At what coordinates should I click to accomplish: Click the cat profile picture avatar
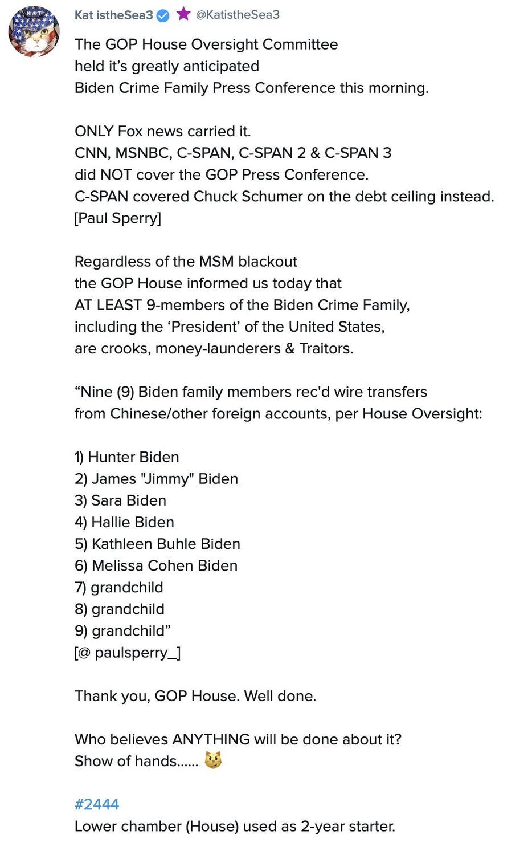pyautogui.click(x=34, y=32)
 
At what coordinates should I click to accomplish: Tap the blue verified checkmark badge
pyautogui.click(x=163, y=15)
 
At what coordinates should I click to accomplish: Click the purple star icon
pyautogui.click(x=183, y=14)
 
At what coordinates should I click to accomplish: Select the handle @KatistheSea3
pyautogui.click(x=238, y=15)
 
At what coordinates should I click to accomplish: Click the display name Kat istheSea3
pyautogui.click(x=113, y=15)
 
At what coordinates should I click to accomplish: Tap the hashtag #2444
pyautogui.click(x=97, y=804)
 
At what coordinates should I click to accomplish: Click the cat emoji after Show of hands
pyautogui.click(x=213, y=760)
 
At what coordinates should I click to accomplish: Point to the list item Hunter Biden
pyautogui.click(x=126, y=457)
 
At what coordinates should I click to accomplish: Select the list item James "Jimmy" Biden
pyautogui.click(x=156, y=479)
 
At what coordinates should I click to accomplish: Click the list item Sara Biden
pyautogui.click(x=120, y=500)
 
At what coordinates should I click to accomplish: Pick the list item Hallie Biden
pyautogui.click(x=124, y=522)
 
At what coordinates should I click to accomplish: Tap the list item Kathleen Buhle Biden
pyautogui.click(x=157, y=544)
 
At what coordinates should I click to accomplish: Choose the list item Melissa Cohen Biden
pyautogui.click(x=156, y=565)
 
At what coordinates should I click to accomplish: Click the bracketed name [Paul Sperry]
pyautogui.click(x=118, y=218)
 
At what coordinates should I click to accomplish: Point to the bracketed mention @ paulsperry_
pyautogui.click(x=128, y=653)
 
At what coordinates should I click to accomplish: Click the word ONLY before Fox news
pyautogui.click(x=94, y=132)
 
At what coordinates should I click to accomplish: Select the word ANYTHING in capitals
pyautogui.click(x=211, y=739)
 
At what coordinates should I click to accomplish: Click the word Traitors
pyautogui.click(x=326, y=348)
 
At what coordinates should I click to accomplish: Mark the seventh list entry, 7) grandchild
pyautogui.click(x=118, y=587)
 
